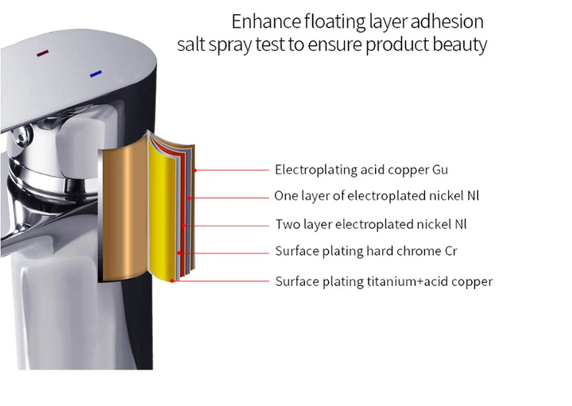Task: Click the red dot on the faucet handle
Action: pyautogui.click(x=42, y=53)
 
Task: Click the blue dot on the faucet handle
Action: pyautogui.click(x=95, y=74)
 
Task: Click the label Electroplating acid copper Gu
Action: pyautogui.click(x=361, y=170)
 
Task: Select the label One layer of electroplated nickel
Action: pyautogui.click(x=376, y=195)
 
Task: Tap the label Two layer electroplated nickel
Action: pyautogui.click(x=370, y=224)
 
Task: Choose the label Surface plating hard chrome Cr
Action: pyautogui.click(x=366, y=252)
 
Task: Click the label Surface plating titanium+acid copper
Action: pyautogui.click(x=384, y=281)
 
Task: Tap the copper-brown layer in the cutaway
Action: pyautogui.click(x=123, y=215)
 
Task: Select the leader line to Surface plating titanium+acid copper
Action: pyautogui.click(x=222, y=281)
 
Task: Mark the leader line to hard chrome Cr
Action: pyautogui.click(x=226, y=253)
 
